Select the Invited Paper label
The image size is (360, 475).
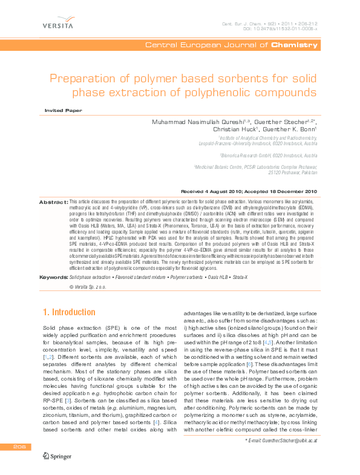point(64,110)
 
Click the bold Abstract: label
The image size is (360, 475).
point(53,201)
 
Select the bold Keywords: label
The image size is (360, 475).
point(53,277)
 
